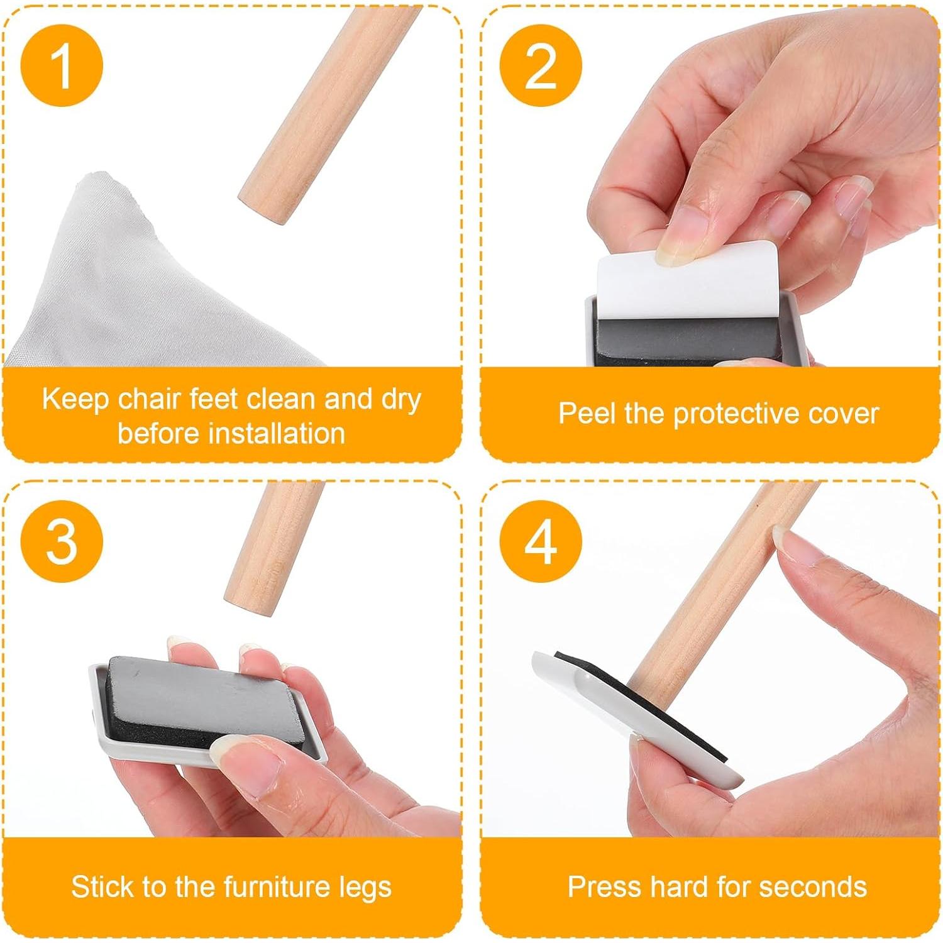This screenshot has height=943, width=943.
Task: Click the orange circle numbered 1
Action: [x=61, y=65]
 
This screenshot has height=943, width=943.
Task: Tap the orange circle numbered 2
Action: [x=541, y=65]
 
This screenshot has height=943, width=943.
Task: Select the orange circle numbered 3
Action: [x=61, y=541]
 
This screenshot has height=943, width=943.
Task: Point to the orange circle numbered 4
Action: [x=541, y=541]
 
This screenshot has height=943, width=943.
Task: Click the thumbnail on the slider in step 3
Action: [x=236, y=751]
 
